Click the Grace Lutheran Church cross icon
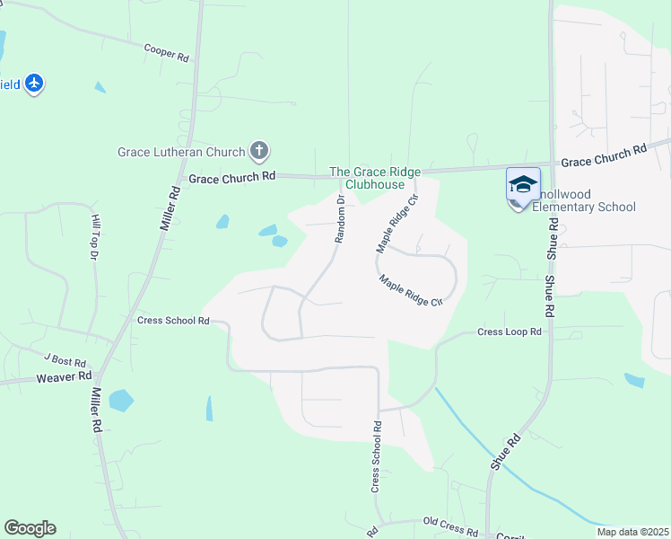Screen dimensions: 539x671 pos(259,151)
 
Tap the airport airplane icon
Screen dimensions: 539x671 pos(34,84)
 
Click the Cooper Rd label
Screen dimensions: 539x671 pos(167,54)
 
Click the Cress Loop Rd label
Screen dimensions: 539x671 pos(510,331)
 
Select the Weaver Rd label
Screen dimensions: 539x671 pos(65,377)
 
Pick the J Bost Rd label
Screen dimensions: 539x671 pos(62,360)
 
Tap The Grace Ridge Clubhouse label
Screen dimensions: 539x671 pos(367,178)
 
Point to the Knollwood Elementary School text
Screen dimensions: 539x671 pos(584,207)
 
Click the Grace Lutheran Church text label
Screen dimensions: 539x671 pos(181,152)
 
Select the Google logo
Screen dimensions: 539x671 pos(30,528)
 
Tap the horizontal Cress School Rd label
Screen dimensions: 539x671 pos(173,320)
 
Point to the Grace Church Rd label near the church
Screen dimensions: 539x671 pos(231,178)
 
